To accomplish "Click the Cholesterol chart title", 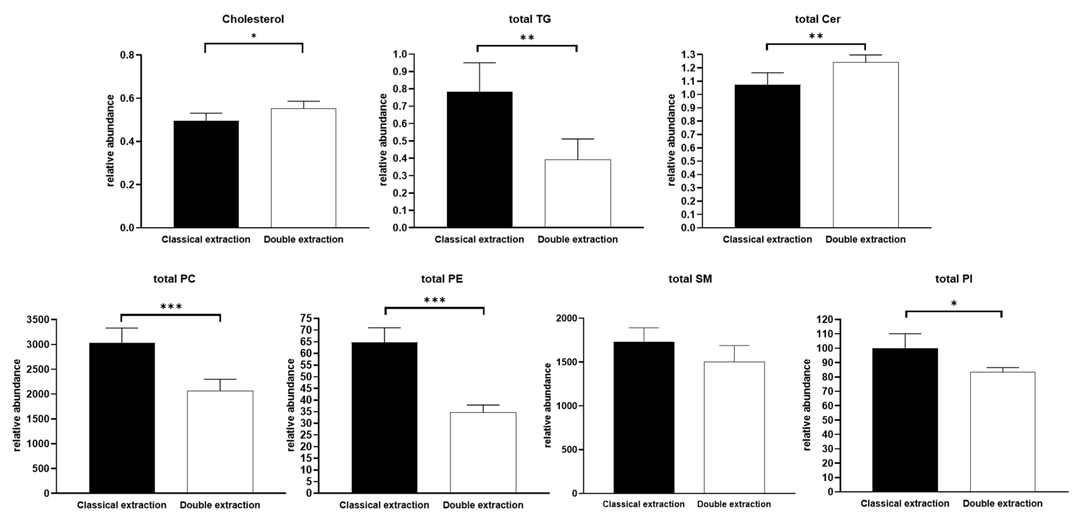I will coord(253,19).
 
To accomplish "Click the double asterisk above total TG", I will coord(527,38).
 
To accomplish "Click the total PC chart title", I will coord(174,279).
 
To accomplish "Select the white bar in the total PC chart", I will coord(220,442).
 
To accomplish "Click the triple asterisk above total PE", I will coord(434,300).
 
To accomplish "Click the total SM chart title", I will coord(690,279).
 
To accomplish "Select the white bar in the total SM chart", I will coord(734,427).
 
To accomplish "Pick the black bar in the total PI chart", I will coord(905,420).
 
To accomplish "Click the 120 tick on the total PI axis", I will coord(824,320).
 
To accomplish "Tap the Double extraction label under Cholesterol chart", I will coord(303,239).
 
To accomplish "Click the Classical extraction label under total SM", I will coord(643,504).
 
